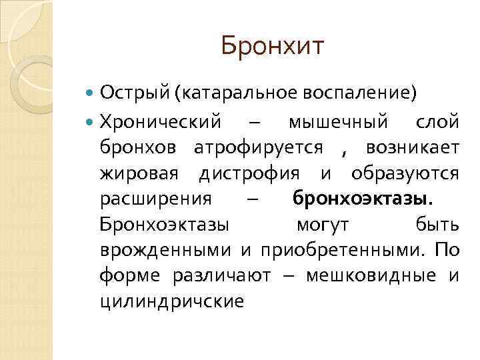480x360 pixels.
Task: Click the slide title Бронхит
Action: tap(273, 47)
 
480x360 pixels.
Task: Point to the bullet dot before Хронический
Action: tap(91, 123)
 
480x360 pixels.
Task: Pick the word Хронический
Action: tap(161, 123)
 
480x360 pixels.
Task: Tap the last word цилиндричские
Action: tap(171, 300)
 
